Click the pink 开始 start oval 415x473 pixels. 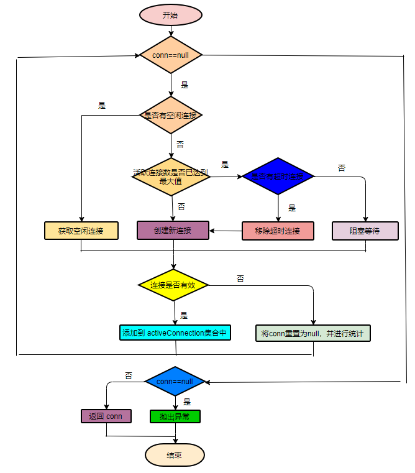pyautogui.click(x=170, y=15)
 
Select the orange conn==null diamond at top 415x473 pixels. pyautogui.click(x=170, y=55)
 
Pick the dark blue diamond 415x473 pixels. pyautogui.click(x=278, y=177)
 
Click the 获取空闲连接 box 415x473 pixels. pyautogui.click(x=81, y=231)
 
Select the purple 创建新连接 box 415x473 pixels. pyautogui.click(x=173, y=231)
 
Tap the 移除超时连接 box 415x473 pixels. pyautogui.click(x=278, y=231)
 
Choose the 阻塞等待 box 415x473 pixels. pyautogui.click(x=365, y=231)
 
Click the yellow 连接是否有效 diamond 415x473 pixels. pyautogui.click(x=173, y=285)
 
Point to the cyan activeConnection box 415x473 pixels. pyautogui.click(x=175, y=333)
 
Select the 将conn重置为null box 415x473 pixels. pyautogui.click(x=312, y=333)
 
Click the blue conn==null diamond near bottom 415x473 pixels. pyautogui.click(x=175, y=381)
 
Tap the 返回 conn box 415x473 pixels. pyautogui.click(x=106, y=416)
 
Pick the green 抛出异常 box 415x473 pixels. pyautogui.click(x=175, y=416)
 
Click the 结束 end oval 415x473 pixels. pyautogui.click(x=175, y=455)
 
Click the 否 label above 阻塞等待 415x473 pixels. pyautogui.click(x=342, y=168)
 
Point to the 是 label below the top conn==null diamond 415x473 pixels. pyautogui.click(x=185, y=85)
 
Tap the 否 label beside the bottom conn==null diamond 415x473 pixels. pyautogui.click(x=129, y=375)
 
